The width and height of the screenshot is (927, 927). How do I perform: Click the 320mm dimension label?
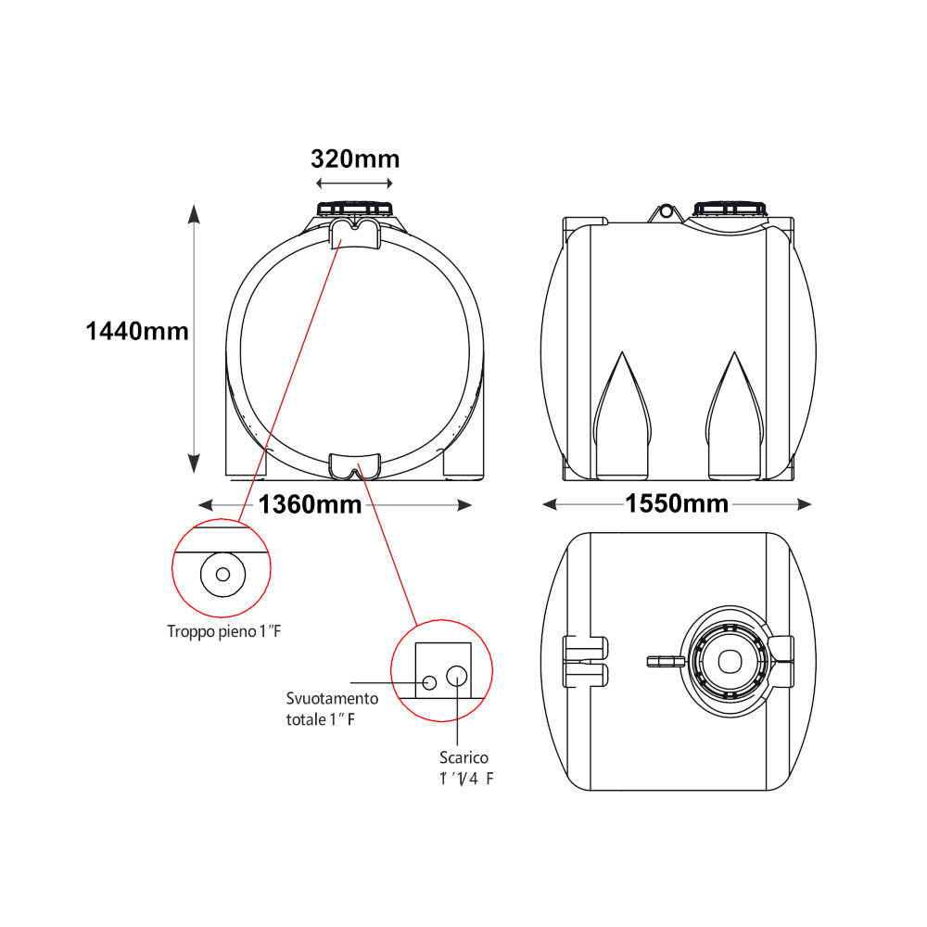(x=355, y=159)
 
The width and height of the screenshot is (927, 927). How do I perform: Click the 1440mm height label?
(x=137, y=331)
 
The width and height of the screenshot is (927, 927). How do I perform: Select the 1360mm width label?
(x=310, y=504)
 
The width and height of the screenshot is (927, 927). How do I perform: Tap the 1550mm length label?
(x=677, y=503)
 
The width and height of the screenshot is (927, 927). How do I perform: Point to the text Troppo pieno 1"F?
(x=224, y=631)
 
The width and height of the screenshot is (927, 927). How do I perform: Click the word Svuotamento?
(x=332, y=698)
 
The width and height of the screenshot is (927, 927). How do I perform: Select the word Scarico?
(x=463, y=757)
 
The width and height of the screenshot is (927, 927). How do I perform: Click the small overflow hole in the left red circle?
(x=222, y=574)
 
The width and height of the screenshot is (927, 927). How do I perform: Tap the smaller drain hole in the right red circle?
(x=430, y=683)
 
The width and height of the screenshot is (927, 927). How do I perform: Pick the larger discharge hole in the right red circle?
(x=456, y=676)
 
